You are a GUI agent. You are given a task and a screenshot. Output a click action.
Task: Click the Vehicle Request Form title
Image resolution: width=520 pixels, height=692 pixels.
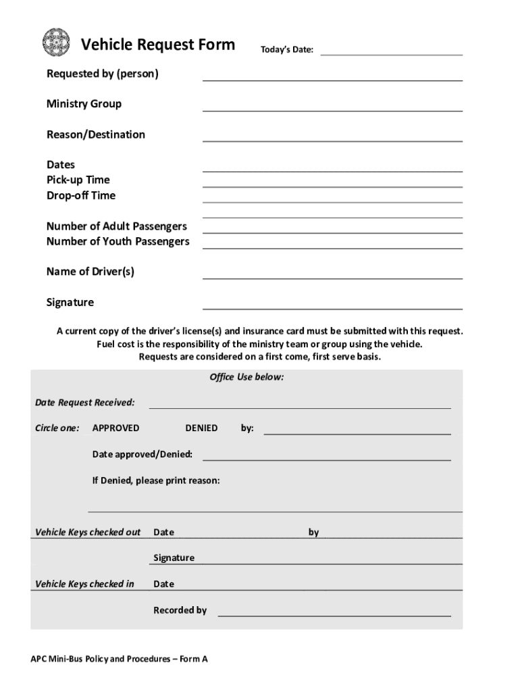(x=158, y=45)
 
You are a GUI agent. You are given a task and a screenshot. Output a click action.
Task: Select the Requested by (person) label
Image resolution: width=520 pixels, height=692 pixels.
(x=103, y=73)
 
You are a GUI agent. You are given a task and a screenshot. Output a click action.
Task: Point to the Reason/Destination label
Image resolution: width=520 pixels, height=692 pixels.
(x=96, y=134)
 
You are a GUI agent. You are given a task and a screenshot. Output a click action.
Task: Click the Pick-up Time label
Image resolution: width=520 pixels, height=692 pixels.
(x=78, y=180)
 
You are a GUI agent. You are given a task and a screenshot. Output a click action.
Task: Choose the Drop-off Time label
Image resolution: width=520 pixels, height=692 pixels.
(x=81, y=195)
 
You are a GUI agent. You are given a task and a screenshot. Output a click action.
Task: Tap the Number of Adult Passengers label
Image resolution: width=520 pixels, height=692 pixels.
(x=117, y=226)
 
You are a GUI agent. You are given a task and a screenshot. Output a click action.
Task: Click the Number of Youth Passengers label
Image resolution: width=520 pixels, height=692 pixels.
(x=118, y=241)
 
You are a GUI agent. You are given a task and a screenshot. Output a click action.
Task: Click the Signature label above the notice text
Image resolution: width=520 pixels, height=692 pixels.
(x=70, y=302)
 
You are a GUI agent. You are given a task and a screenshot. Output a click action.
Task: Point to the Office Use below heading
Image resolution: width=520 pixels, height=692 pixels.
(x=246, y=377)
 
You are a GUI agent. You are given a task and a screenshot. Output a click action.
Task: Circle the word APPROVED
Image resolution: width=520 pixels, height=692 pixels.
(x=115, y=428)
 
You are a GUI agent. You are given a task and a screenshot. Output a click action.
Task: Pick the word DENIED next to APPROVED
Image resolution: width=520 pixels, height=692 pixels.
(x=201, y=428)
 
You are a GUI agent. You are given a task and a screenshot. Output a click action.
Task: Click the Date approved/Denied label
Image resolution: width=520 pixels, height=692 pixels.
(x=142, y=454)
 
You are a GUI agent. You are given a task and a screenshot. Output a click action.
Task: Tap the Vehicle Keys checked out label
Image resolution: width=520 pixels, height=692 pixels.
(x=88, y=532)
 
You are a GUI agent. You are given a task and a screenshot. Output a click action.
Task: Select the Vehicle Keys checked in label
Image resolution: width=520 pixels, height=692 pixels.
(x=84, y=584)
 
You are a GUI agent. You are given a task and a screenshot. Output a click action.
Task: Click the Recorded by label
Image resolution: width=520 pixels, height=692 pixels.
(x=180, y=610)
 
